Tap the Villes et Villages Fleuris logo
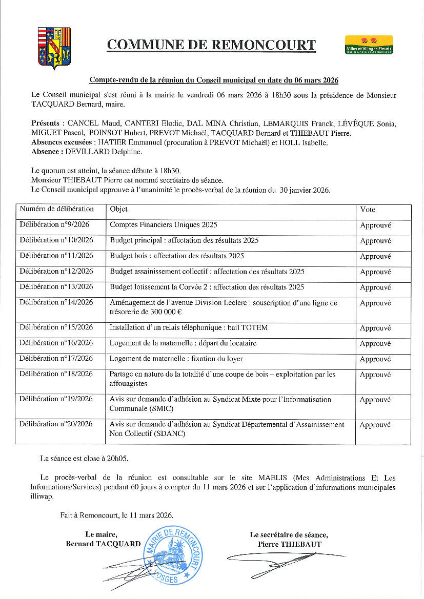coord(369,45)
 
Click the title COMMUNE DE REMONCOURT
coord(211,45)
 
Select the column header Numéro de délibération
coord(57,209)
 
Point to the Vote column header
coord(368,210)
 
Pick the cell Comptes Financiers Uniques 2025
coord(164,224)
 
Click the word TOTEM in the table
coord(255,327)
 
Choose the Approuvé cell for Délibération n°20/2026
coord(375,425)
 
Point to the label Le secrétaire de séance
coord(289,534)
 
